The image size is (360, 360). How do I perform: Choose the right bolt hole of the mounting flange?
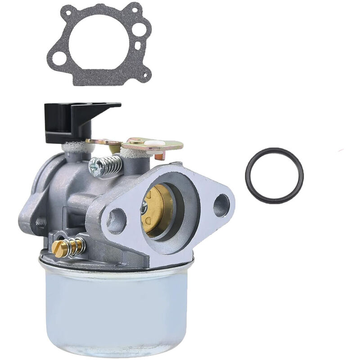pos(221,205)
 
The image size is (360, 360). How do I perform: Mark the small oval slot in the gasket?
pos(137,45)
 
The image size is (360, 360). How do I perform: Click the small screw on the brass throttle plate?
pos(144,207)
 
